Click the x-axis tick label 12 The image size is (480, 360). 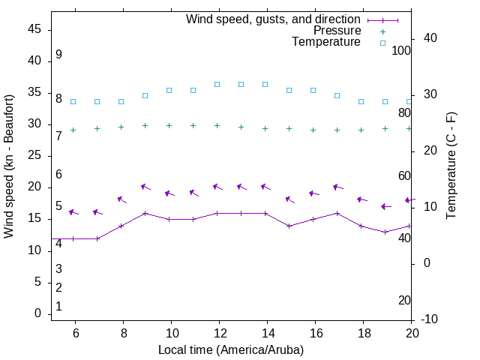tap(219, 332)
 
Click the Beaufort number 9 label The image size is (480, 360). tap(58, 55)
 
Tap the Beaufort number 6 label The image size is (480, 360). tap(58, 174)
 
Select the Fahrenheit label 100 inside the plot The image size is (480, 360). tap(401, 50)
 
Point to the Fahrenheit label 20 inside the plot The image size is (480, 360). tap(404, 300)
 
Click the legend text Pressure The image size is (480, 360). tap(337, 31)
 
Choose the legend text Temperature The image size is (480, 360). tap(326, 42)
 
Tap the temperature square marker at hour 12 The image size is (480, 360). tap(217, 85)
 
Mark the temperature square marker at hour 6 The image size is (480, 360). tap(73, 101)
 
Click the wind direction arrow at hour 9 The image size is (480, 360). tap(145, 187)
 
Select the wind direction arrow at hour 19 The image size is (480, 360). tap(385, 206)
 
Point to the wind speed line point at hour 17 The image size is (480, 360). tap(337, 213)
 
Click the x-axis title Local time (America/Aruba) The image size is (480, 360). tap(231, 349)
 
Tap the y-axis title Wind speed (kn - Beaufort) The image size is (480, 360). tap(9, 166)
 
